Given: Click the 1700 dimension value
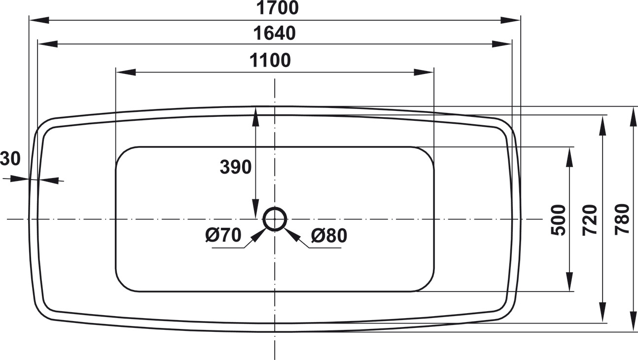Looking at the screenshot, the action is (x=278, y=8).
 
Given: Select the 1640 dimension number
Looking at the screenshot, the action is (x=275, y=33).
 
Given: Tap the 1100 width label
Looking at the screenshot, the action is (x=270, y=60).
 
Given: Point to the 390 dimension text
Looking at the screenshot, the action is (x=236, y=167).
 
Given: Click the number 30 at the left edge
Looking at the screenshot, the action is (x=10, y=158).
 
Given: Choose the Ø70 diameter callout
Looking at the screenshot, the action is (x=223, y=235).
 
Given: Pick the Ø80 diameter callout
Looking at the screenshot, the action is (x=329, y=236).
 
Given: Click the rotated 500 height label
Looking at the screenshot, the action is (x=558, y=220).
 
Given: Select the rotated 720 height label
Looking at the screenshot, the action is (x=590, y=220).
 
